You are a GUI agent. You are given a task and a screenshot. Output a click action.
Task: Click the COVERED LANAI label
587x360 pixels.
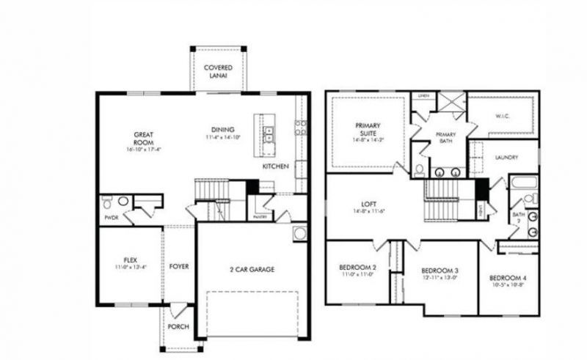click(x=219, y=72)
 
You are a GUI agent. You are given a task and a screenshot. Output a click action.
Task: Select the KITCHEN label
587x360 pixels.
click(x=276, y=166)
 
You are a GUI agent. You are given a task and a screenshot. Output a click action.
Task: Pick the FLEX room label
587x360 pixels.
click(x=129, y=260)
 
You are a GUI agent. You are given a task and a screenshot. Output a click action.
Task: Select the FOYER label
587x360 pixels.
click(x=179, y=266)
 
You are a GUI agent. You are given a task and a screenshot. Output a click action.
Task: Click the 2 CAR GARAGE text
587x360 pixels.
click(x=249, y=269)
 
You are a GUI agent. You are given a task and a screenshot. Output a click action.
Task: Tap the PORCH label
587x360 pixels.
click(x=178, y=326)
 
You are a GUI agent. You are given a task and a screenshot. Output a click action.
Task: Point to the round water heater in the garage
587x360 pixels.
click(x=300, y=235)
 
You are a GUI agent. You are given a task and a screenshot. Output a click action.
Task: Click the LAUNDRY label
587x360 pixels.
click(x=507, y=157)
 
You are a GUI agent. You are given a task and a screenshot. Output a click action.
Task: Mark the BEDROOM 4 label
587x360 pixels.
click(x=507, y=278)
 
